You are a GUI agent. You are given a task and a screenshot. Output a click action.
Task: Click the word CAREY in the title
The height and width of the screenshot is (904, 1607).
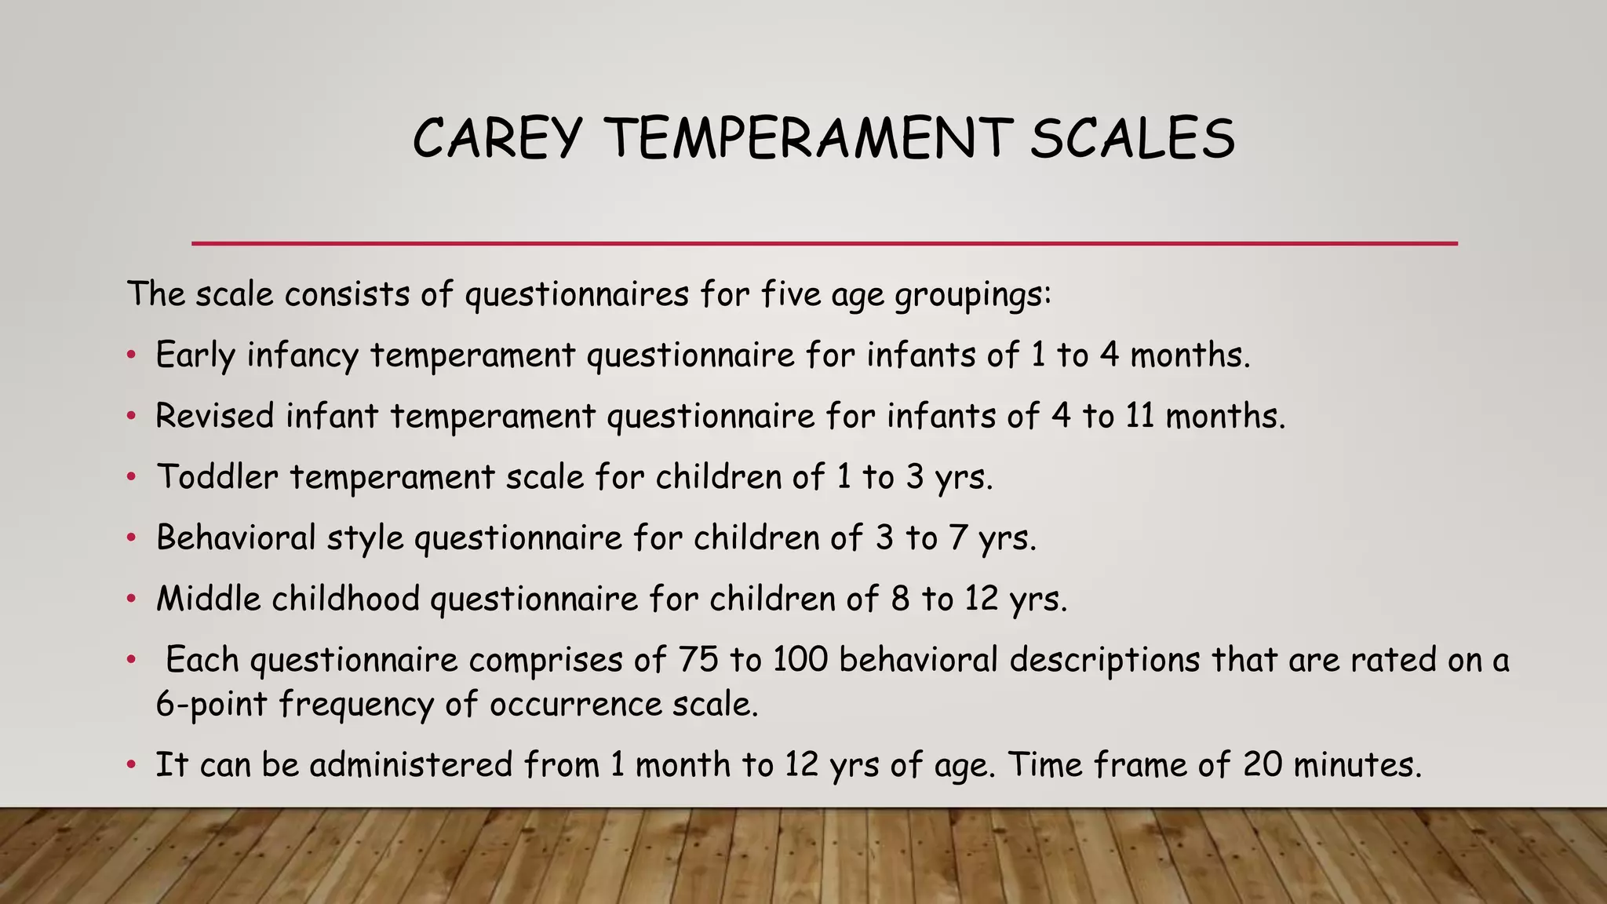[497, 138]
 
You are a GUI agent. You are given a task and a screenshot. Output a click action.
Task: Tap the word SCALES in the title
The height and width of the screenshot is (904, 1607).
[1132, 138]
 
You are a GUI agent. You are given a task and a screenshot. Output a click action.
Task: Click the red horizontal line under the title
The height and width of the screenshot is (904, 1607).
[824, 244]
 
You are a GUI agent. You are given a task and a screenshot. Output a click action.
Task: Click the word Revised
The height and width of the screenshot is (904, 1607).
[214, 416]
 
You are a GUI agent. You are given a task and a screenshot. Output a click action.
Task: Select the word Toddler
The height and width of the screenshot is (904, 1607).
[217, 476]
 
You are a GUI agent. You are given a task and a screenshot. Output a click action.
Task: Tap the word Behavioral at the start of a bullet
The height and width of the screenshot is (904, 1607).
[235, 538]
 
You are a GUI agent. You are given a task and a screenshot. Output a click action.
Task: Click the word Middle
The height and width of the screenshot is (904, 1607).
[208, 599]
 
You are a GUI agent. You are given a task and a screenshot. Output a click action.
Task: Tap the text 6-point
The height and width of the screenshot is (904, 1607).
[211, 704]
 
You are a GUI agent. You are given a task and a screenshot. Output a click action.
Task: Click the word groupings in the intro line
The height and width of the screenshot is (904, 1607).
[971, 295]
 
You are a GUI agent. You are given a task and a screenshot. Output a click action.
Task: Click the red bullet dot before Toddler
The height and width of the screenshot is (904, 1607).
[132, 477]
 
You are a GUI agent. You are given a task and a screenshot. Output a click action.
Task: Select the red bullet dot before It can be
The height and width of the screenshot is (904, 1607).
[132, 765]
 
